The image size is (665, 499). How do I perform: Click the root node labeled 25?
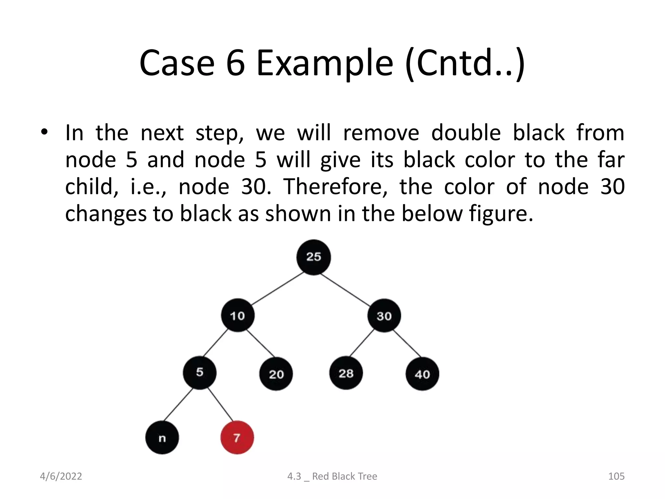313,257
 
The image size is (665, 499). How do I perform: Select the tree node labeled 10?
237,315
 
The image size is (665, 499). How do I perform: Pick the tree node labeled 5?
199,372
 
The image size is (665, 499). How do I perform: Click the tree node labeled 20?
276,374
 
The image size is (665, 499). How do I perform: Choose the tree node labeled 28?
346,373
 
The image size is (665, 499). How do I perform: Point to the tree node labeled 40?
422,374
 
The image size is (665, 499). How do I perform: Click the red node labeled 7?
237,438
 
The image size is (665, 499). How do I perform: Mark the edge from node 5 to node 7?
220,404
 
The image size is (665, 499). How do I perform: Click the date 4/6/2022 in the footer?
61,476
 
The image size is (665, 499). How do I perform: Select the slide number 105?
616,476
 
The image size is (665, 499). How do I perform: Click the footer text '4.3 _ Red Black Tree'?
332,476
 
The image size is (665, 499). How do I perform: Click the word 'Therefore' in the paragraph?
335,187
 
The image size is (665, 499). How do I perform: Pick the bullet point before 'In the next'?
44,132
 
